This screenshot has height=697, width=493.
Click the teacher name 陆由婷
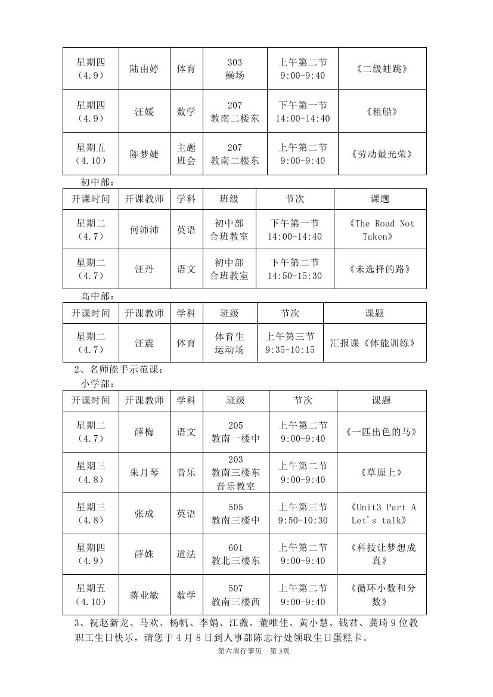[x=144, y=69]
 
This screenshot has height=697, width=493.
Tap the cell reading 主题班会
[x=186, y=154]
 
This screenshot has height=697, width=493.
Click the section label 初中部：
[x=97, y=182]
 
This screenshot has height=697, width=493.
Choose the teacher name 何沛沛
[x=144, y=230]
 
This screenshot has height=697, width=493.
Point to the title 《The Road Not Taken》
[x=380, y=230]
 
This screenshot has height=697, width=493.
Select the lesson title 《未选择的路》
[x=380, y=269]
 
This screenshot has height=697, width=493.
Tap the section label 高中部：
[x=97, y=296]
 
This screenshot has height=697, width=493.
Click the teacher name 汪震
[x=144, y=343]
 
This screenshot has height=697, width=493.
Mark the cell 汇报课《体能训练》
[x=373, y=343]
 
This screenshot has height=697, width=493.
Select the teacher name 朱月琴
[x=144, y=473]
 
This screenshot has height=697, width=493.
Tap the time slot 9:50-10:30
[x=303, y=521]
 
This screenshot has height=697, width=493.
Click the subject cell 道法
[x=186, y=554]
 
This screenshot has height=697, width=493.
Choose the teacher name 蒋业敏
[x=144, y=595]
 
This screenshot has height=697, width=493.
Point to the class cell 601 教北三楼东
[x=235, y=554]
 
